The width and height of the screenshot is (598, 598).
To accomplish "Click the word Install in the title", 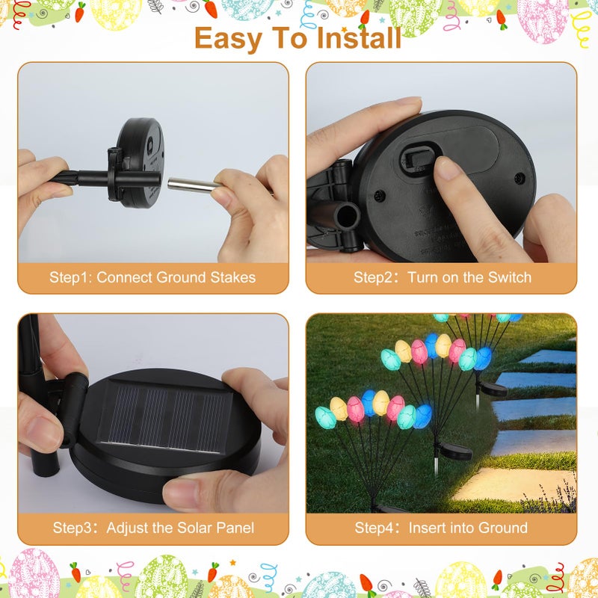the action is pos(359,38).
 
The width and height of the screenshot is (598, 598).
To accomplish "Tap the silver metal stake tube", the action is pos(194,185).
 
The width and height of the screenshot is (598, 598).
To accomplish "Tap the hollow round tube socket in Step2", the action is pos(347,217).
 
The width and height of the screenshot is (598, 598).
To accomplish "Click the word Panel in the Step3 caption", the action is pos(235,528).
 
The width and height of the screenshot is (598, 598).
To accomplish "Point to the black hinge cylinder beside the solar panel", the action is pos(74,410).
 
